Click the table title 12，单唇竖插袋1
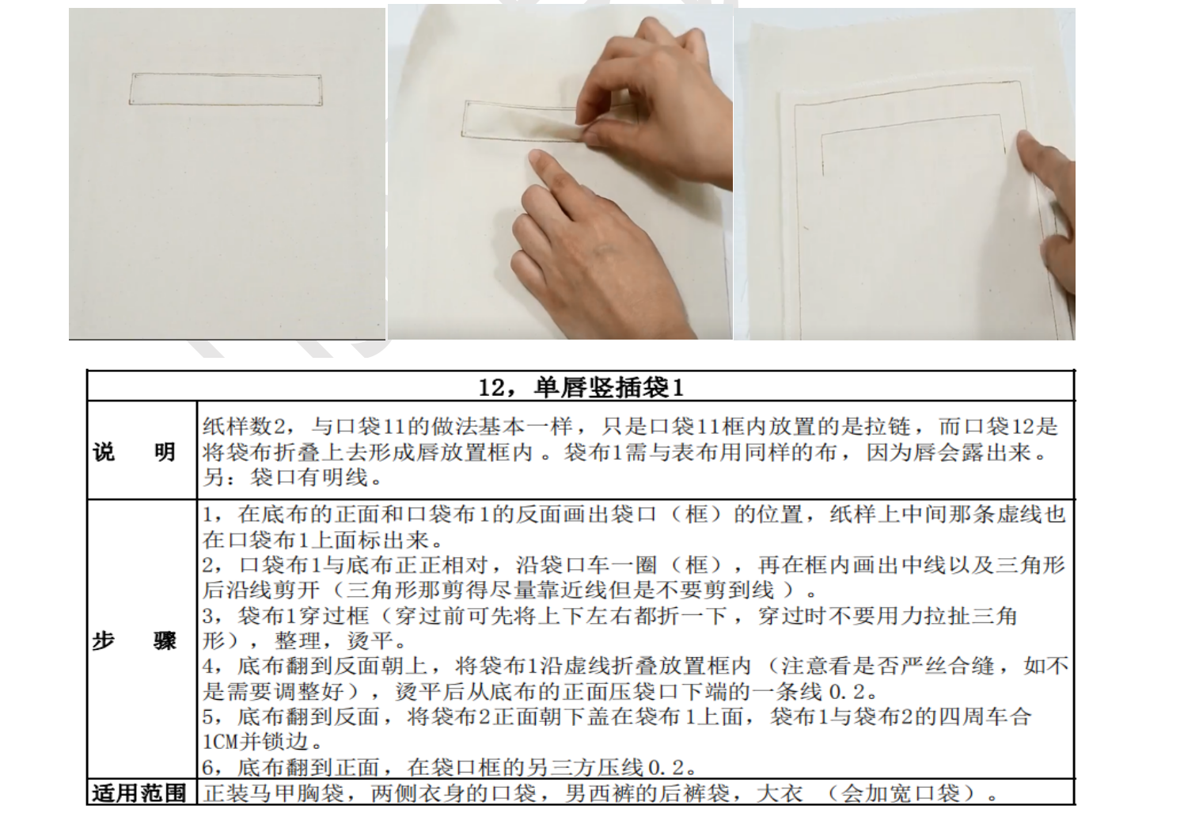pos(581,387)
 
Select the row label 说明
pos(135,452)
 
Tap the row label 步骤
pos(135,640)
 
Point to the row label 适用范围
pos(139,793)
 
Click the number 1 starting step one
pos(207,515)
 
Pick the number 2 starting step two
pos(208,565)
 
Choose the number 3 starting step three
pos(208,617)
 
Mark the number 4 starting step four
pos(208,666)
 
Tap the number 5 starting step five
pos(208,717)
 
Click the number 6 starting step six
pos(208,768)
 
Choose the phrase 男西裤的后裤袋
pos(647,793)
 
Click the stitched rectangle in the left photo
pos(226,74)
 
